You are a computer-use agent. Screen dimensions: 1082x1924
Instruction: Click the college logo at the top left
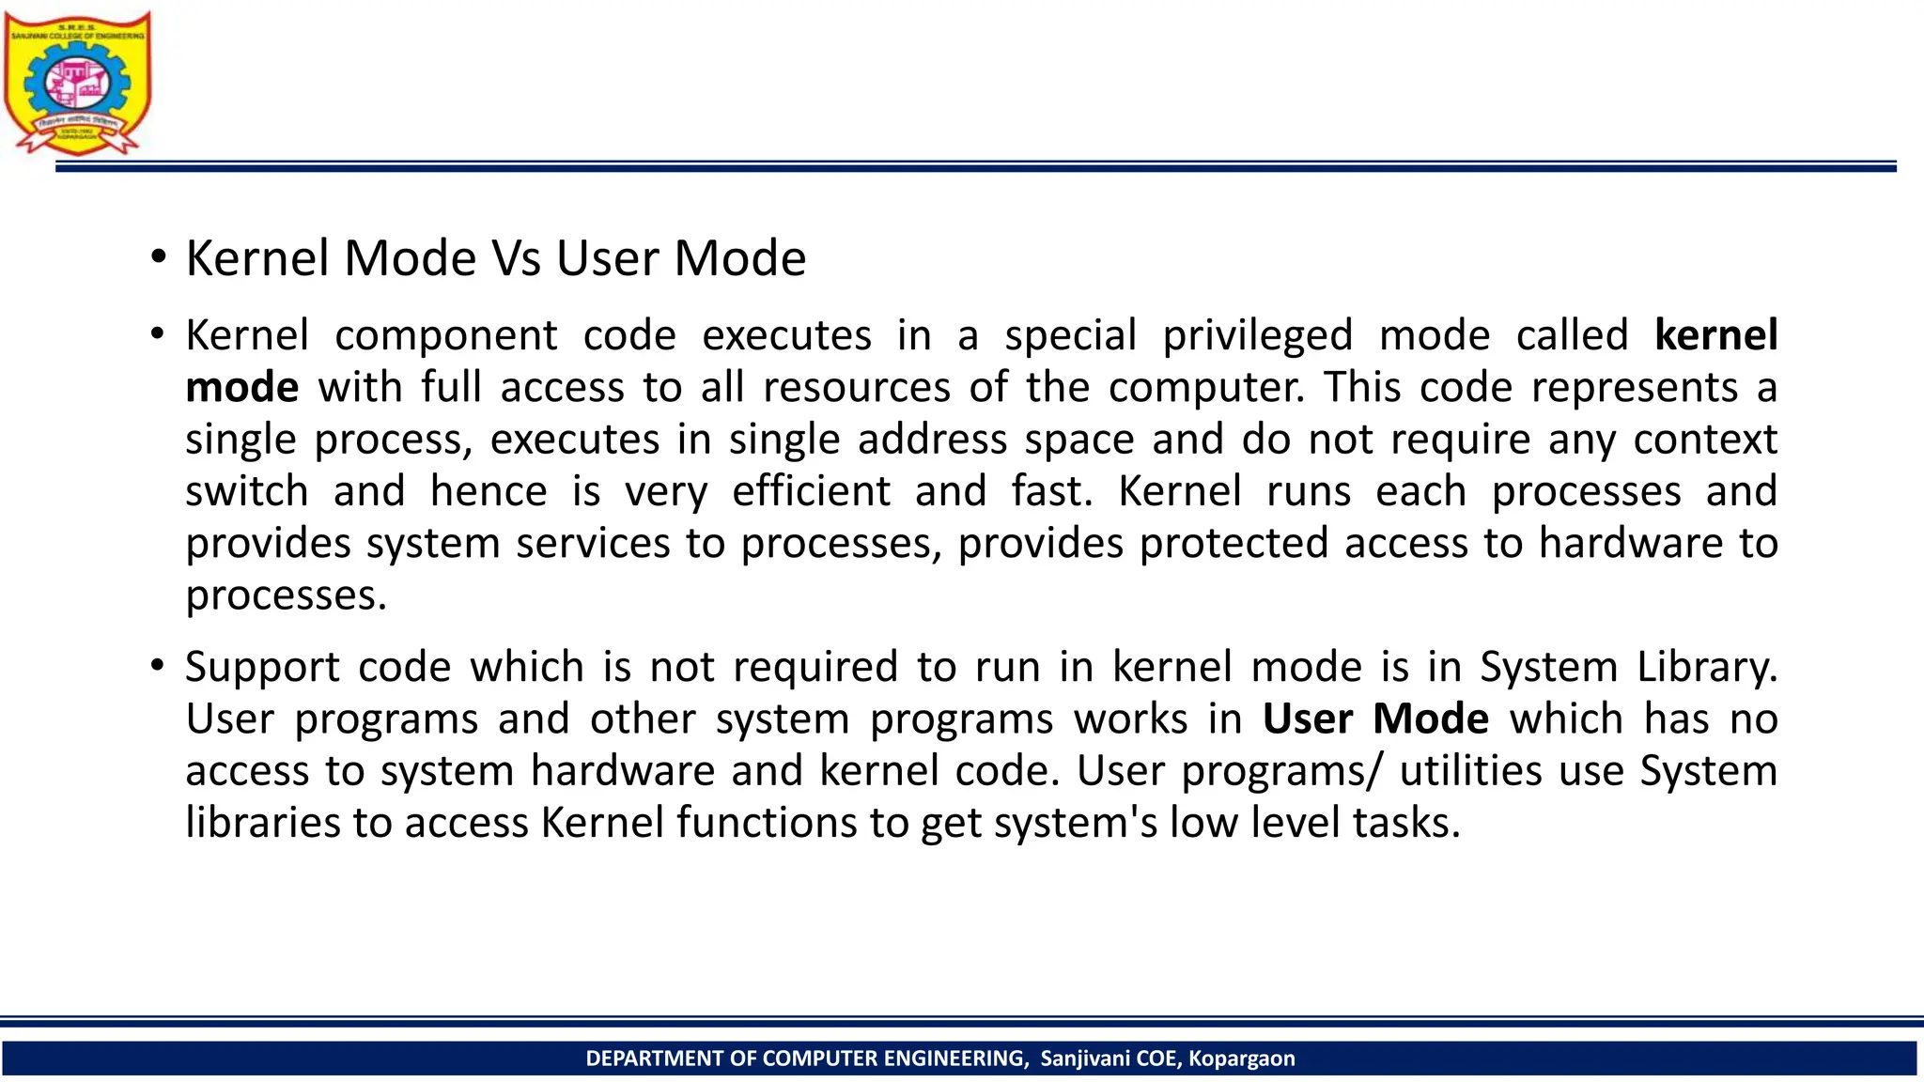pyautogui.click(x=77, y=83)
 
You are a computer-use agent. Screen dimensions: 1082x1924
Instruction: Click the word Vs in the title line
pyautogui.click(x=516, y=258)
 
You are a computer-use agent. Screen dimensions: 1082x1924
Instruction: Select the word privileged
pyautogui.click(x=1258, y=336)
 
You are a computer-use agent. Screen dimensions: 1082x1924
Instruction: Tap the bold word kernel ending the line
pyautogui.click(x=1715, y=335)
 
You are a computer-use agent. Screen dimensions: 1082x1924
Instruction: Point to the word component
pyautogui.click(x=446, y=336)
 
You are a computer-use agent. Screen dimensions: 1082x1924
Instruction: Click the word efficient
pyautogui.click(x=811, y=491)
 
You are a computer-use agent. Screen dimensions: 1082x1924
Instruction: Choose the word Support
pyautogui.click(x=262, y=668)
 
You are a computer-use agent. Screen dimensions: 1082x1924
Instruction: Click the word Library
pyautogui.click(x=1707, y=668)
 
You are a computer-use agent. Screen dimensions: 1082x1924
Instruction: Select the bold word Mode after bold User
pyautogui.click(x=1430, y=719)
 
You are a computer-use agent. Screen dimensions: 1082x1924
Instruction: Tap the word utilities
pyautogui.click(x=1470, y=771)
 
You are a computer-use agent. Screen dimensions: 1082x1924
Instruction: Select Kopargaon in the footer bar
pyautogui.click(x=1241, y=1059)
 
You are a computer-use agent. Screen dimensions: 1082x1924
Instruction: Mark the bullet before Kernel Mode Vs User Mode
pyautogui.click(x=158, y=255)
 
